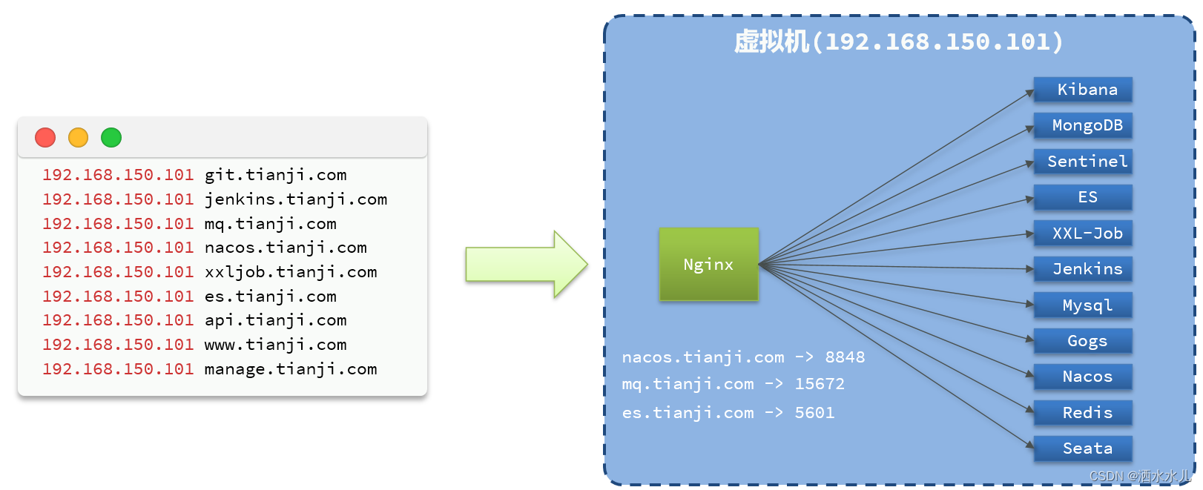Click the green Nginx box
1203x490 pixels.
[708, 265]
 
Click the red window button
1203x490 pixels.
[45, 138]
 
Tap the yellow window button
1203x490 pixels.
[78, 138]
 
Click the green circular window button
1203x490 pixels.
[111, 138]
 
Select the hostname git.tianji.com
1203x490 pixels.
[275, 175]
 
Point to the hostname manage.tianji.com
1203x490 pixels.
[291, 369]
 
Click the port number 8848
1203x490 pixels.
[845, 357]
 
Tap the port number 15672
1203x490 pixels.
[820, 384]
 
